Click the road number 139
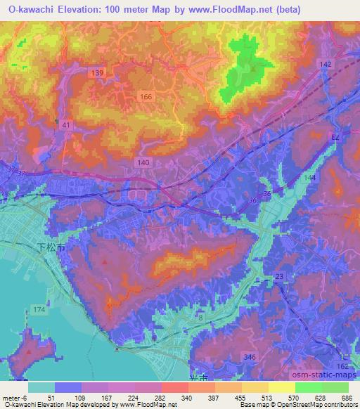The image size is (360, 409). (x=98, y=73)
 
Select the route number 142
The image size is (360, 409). (x=324, y=64)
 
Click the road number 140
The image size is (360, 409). (x=143, y=162)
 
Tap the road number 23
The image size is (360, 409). (x=279, y=277)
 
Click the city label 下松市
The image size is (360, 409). (x=50, y=248)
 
